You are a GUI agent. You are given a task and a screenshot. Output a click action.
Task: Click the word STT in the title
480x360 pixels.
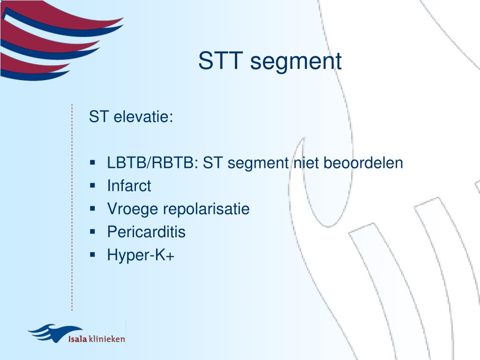coord(218,61)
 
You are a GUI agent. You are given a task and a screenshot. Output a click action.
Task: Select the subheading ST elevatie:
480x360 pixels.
coord(131,117)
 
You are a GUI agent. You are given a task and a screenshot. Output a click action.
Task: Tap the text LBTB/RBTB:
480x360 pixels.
coord(153,163)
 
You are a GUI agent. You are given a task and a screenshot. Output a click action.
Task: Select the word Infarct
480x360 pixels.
coord(129,186)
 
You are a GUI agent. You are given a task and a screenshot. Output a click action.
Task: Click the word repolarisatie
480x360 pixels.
coord(206,210)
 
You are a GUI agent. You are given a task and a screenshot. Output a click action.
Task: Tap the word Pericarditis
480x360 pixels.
coord(146,232)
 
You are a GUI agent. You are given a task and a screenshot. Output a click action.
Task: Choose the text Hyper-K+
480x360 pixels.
coord(141,255)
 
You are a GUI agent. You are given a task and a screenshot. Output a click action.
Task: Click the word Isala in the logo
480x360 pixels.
coord(78,339)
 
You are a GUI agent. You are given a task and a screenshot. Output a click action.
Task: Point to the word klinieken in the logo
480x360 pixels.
coord(107,339)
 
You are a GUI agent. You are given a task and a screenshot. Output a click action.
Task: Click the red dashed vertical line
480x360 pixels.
coord(72,206)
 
